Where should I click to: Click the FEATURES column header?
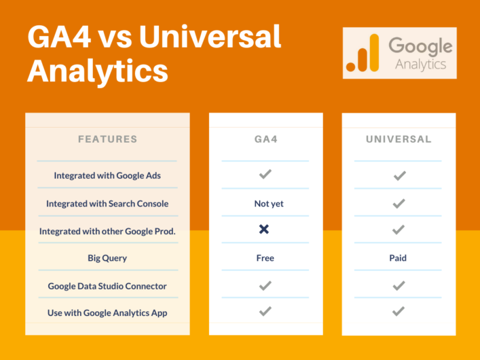pyautogui.click(x=107, y=139)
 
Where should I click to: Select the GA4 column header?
pyautogui.click(x=265, y=139)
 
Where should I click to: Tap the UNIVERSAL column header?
pyautogui.click(x=399, y=139)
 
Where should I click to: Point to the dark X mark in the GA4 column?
pyautogui.click(x=265, y=230)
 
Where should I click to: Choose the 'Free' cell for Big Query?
pyautogui.click(x=265, y=258)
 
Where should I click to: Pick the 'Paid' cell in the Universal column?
pyautogui.click(x=399, y=258)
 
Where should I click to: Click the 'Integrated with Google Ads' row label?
pyautogui.click(x=107, y=175)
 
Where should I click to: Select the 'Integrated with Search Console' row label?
pyautogui.click(x=107, y=203)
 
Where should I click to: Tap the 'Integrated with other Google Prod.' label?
pyautogui.click(x=107, y=231)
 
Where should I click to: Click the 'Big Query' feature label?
pyautogui.click(x=107, y=258)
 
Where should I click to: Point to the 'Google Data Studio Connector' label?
pyautogui.click(x=107, y=286)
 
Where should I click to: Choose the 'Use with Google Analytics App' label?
pyautogui.click(x=107, y=313)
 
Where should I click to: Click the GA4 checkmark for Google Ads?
pyautogui.click(x=265, y=175)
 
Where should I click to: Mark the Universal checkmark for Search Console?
pyautogui.click(x=399, y=203)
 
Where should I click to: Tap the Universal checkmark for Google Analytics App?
pyautogui.click(x=399, y=312)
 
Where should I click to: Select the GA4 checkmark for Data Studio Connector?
pyautogui.click(x=265, y=286)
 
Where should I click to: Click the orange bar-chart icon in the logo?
pyautogui.click(x=363, y=53)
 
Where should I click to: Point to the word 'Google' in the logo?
pyautogui.click(x=420, y=46)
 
